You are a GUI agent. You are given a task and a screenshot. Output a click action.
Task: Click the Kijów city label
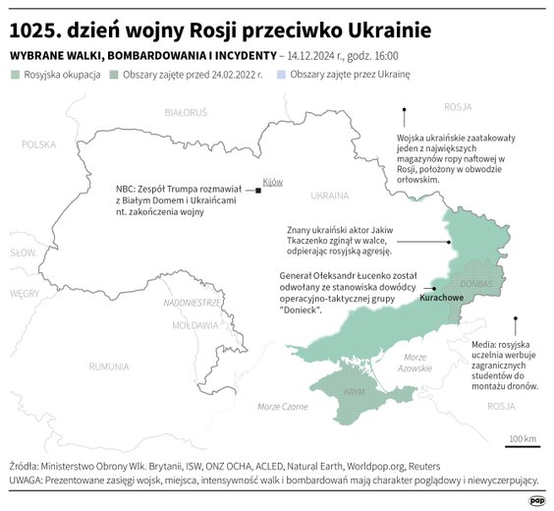click(272, 182)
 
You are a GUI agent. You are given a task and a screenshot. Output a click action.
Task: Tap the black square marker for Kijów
click(257, 191)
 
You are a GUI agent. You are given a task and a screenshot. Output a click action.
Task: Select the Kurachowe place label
click(441, 296)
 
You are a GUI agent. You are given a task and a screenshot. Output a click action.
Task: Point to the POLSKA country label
click(39, 144)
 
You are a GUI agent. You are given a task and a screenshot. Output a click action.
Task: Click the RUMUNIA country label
click(108, 366)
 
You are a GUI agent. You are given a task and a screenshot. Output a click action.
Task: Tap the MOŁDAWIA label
click(194, 324)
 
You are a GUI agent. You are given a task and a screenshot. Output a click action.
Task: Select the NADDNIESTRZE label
click(192, 303)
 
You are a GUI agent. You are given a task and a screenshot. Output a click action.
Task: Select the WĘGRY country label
click(26, 293)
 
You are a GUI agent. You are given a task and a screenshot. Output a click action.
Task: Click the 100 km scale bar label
click(523, 437)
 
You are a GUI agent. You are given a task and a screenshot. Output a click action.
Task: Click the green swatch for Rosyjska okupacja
click(15, 75)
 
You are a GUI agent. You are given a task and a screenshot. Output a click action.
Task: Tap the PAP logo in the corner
click(536, 499)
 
